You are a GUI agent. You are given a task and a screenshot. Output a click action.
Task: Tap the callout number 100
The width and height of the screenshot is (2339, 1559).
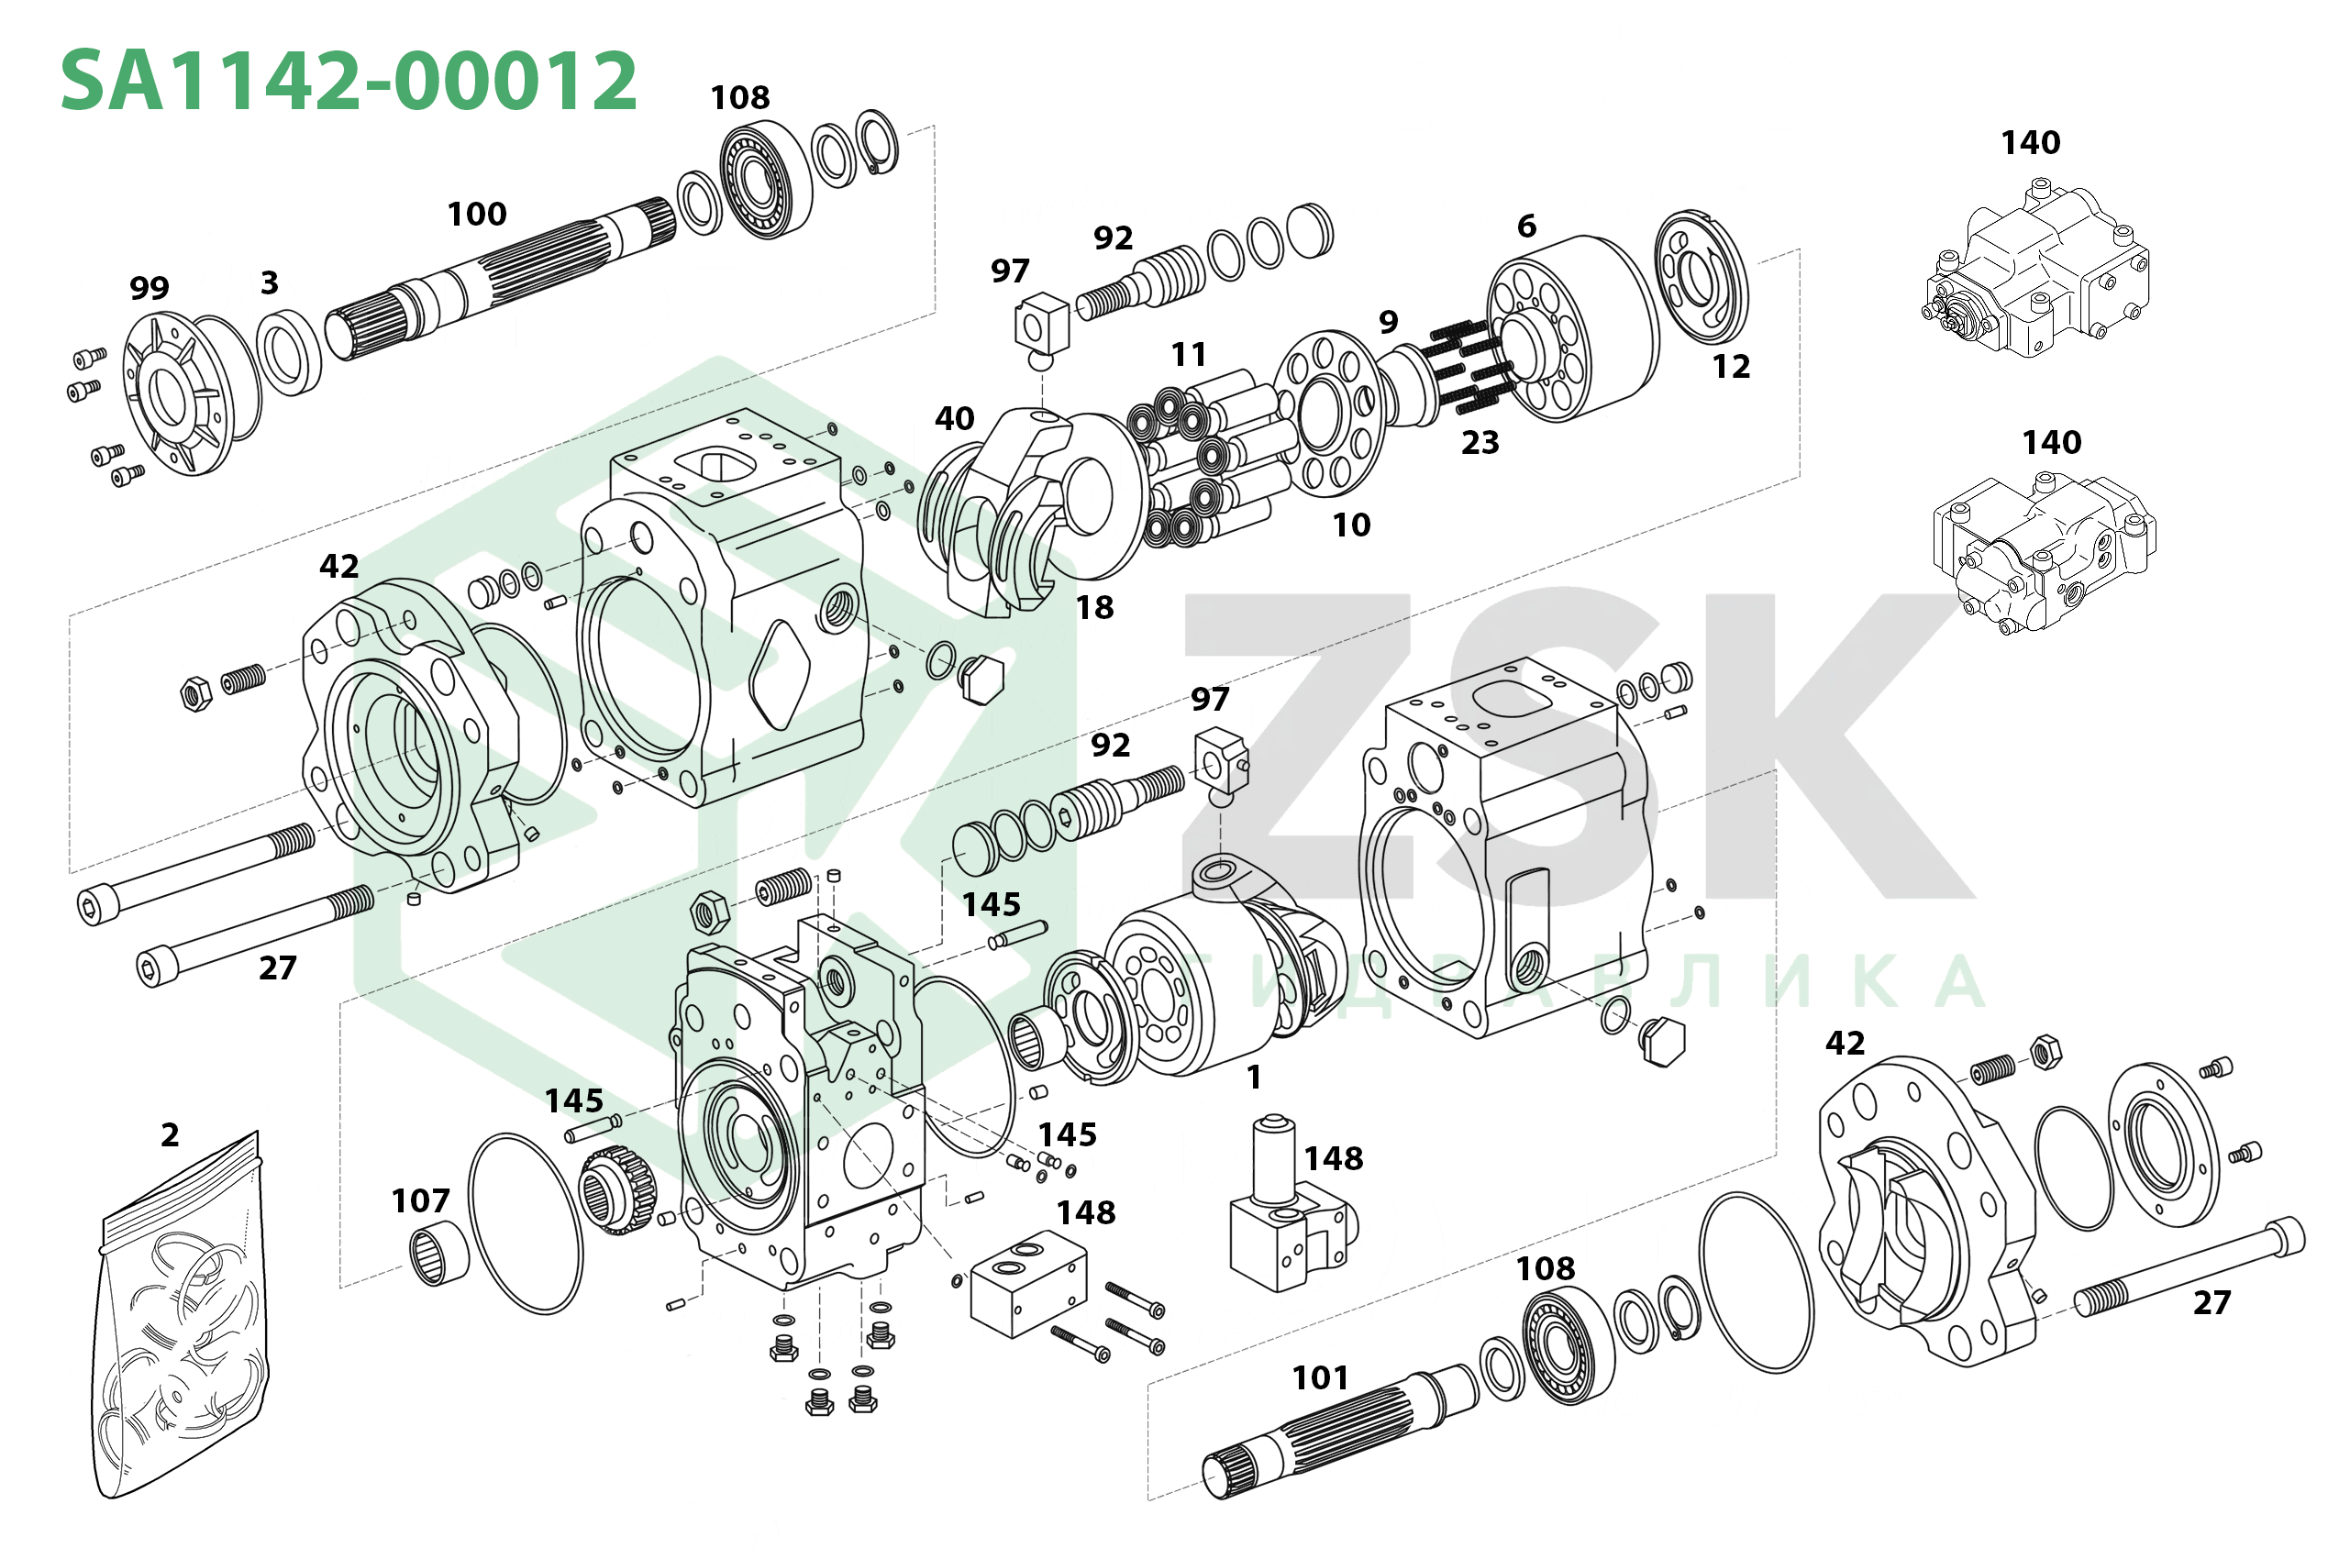tap(477, 214)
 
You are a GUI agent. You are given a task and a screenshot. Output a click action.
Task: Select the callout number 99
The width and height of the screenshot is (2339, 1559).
tap(150, 288)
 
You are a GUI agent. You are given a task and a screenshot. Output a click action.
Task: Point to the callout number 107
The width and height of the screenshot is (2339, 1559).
tap(421, 1201)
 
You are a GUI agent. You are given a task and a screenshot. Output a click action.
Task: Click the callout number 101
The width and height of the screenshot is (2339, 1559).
tap(1320, 1378)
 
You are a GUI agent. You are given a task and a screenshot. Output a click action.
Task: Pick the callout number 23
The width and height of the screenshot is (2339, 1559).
tap(1480, 442)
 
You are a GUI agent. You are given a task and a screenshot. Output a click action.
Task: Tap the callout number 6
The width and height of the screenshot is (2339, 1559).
tap(1526, 227)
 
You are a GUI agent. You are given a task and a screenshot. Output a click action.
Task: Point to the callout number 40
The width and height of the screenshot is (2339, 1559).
tap(955, 418)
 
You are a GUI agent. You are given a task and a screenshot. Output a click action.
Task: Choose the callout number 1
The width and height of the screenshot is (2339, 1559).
tap(1254, 1077)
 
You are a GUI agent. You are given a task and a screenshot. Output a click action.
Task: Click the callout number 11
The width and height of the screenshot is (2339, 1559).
tap(1189, 355)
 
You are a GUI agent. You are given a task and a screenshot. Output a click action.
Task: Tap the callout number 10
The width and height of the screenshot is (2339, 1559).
tap(1351, 525)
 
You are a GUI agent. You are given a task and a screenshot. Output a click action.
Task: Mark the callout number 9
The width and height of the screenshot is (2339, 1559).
tap(1389, 322)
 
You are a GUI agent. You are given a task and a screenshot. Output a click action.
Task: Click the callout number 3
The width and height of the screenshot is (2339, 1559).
tap(270, 283)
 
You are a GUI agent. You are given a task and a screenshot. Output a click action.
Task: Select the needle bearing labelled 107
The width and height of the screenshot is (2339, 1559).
tap(439, 1253)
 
